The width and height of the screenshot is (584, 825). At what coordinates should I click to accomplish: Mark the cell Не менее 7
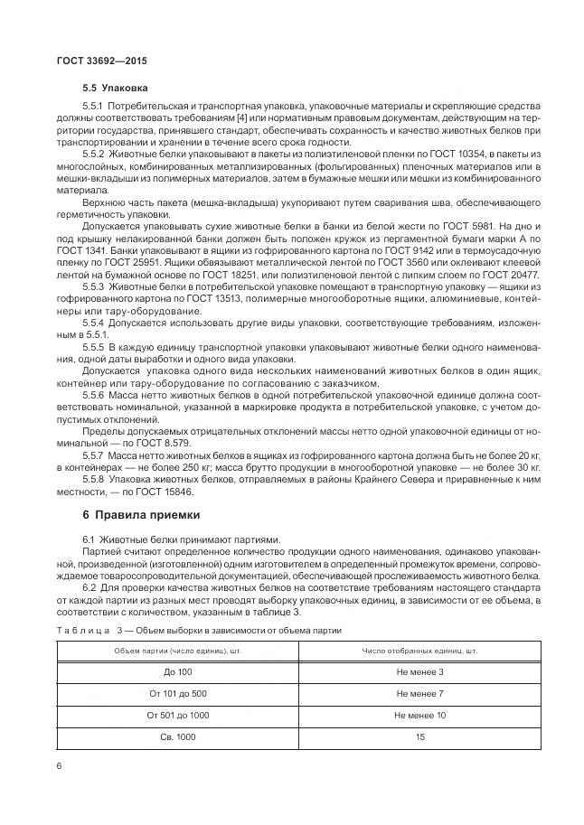419,693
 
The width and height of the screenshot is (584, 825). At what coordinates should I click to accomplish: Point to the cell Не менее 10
419,715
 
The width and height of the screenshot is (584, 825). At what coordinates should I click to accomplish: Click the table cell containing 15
419,736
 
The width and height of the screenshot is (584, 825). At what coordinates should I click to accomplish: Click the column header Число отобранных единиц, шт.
419,650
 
